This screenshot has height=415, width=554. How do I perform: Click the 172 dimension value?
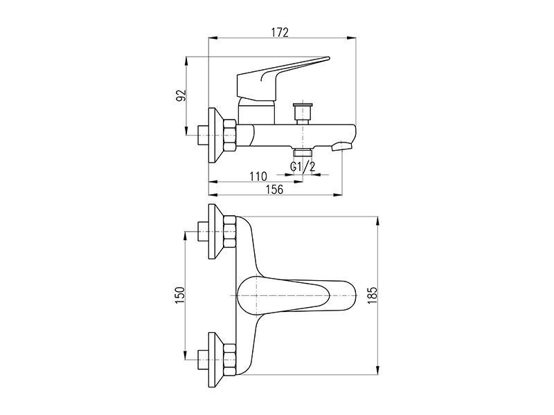click(280, 32)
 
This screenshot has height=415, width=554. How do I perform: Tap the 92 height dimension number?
click(181, 96)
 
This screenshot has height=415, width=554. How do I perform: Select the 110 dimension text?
click(258, 176)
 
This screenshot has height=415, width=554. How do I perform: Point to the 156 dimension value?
click(274, 190)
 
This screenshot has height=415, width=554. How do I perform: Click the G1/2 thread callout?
click(303, 166)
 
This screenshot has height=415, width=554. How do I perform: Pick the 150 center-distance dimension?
click(180, 295)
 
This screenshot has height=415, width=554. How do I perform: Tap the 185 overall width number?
click(373, 295)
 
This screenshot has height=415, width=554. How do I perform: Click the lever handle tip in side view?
click(328, 58)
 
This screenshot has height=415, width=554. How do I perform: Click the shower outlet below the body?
click(303, 151)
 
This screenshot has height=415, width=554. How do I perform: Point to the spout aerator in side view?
click(342, 146)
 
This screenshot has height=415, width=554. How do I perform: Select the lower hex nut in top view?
click(230, 360)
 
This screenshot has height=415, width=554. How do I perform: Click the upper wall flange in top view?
click(215, 232)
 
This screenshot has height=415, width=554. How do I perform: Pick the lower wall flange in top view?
click(215, 360)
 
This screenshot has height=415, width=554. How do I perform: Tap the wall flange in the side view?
click(215, 136)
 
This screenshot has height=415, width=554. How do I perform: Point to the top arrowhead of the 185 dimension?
click(378, 221)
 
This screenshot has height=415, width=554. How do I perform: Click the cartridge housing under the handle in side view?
click(256, 111)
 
